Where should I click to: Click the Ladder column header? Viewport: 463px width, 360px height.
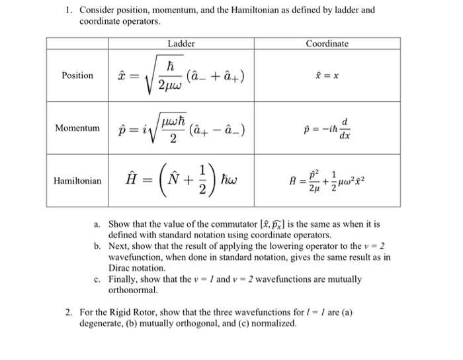pos(181,44)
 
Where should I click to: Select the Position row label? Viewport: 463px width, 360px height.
pos(77,75)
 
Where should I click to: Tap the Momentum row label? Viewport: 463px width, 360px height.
pos(77,127)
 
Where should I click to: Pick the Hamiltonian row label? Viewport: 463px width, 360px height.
pos(77,180)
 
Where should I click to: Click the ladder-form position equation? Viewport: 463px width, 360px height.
pos(181,77)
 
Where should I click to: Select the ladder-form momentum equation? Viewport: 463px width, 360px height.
pos(181,127)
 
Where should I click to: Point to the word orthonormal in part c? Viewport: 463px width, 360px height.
pos(133,290)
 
